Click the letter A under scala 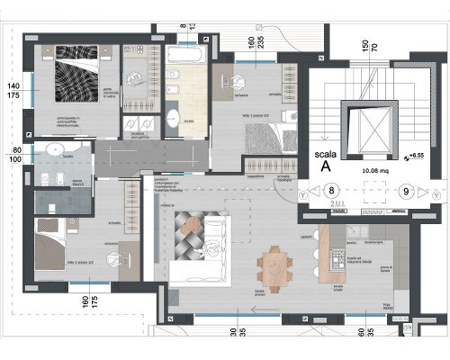pyautogui.click(x=325, y=166)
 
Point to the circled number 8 pyautogui.click(x=331, y=191)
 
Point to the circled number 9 pyautogui.click(x=407, y=191)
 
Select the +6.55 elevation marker pyautogui.click(x=415, y=157)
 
